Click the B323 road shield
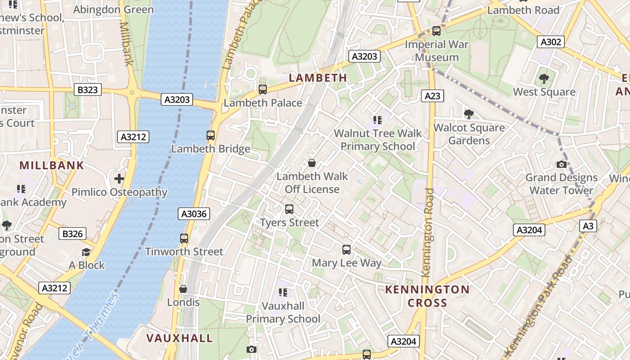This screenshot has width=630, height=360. (x=87, y=90)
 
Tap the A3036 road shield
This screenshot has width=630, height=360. (x=194, y=214)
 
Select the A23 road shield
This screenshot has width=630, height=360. (x=432, y=96)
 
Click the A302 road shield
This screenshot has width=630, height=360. (x=551, y=42)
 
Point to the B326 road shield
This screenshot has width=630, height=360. (x=72, y=234)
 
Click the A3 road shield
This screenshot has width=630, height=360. (x=588, y=226)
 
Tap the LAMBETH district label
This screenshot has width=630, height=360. (x=318, y=78)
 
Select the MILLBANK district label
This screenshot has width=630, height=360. (x=52, y=165)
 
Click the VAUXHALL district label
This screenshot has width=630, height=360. (x=179, y=338)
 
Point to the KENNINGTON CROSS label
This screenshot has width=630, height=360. (x=427, y=296)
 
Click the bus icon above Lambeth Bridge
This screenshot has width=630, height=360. (x=210, y=135)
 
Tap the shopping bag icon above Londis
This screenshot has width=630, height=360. (x=183, y=288)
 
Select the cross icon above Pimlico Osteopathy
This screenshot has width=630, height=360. (x=119, y=179)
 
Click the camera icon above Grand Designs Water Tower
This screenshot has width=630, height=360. (x=561, y=164)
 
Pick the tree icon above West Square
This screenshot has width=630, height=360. (x=544, y=79)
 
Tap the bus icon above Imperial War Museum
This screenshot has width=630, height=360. (x=436, y=31)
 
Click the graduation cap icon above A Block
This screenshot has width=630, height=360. (x=86, y=252)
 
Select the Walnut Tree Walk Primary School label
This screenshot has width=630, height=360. (x=378, y=139)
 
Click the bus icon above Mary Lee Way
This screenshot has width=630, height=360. (x=346, y=250)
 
